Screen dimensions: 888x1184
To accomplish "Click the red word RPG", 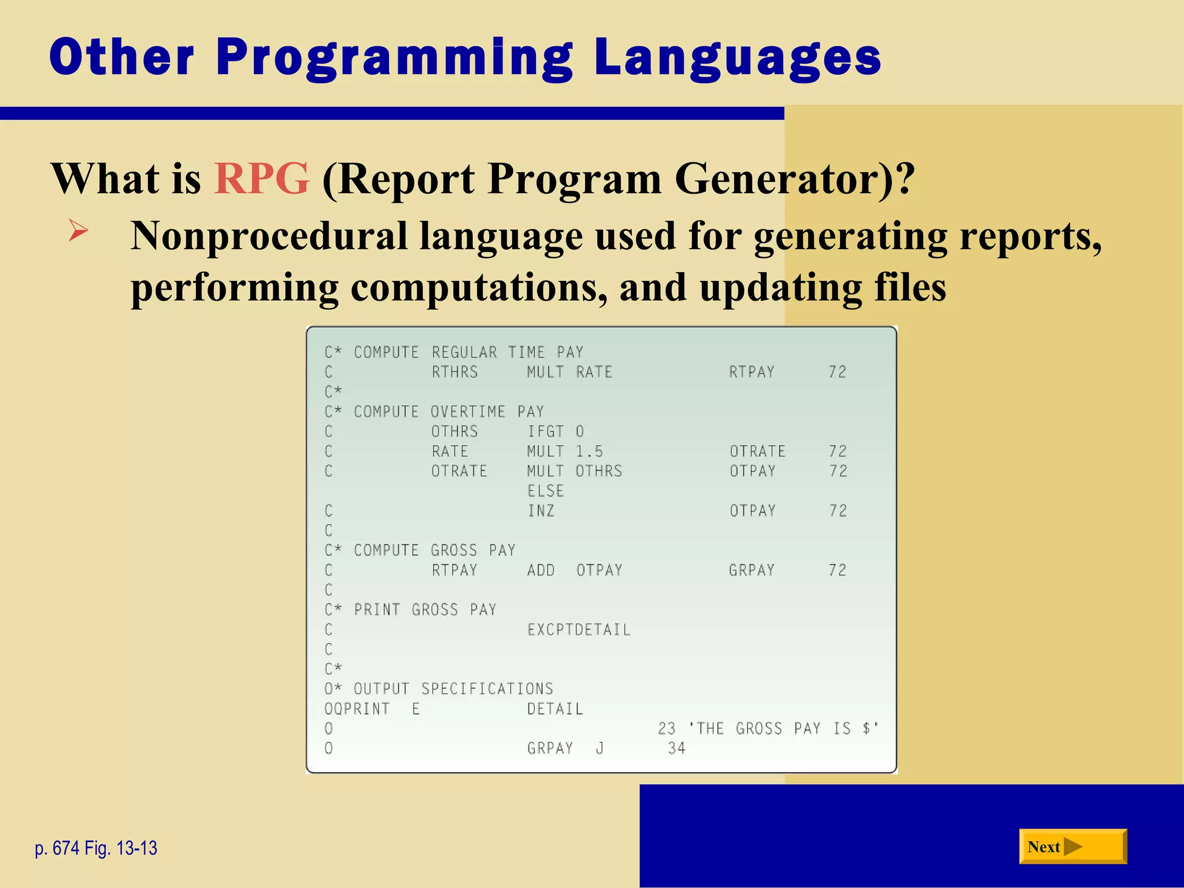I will pyautogui.click(x=261, y=178).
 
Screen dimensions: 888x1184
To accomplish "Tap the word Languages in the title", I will pyautogui.click(x=737, y=58).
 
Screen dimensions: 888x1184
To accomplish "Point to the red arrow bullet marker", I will pyautogui.click(x=78, y=231).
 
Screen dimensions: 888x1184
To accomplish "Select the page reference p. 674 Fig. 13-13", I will pyautogui.click(x=96, y=848).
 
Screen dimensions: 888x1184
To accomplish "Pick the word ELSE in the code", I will pyautogui.click(x=545, y=491).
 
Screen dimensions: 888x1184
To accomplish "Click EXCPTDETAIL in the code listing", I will pyautogui.click(x=579, y=629).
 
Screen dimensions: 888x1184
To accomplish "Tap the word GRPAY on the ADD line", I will pyautogui.click(x=751, y=570).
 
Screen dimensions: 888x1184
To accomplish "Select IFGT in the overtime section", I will pyautogui.click(x=545, y=431).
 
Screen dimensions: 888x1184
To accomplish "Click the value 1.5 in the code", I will pyautogui.click(x=589, y=451).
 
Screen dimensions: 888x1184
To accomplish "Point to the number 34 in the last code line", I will pyautogui.click(x=676, y=748).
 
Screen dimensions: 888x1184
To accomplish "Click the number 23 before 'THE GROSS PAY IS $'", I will pyautogui.click(x=667, y=728).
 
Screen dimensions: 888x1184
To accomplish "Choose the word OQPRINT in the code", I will pyautogui.click(x=357, y=709).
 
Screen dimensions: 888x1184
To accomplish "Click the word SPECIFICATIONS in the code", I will pyautogui.click(x=487, y=689).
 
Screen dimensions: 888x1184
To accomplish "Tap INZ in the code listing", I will pyautogui.click(x=541, y=510).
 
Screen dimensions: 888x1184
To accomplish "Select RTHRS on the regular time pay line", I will pyautogui.click(x=454, y=372).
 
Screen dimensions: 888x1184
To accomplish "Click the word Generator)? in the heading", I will pyautogui.click(x=794, y=178).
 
